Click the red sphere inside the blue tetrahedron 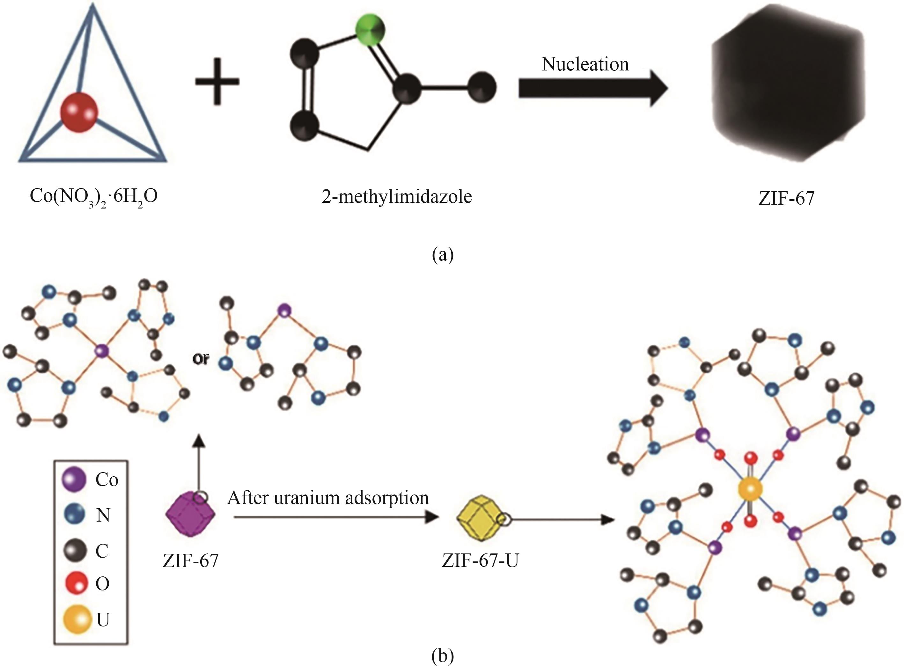pyautogui.click(x=79, y=113)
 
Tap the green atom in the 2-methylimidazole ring pyautogui.click(x=370, y=29)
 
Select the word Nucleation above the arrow pyautogui.click(x=585, y=64)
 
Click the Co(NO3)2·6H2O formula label pyautogui.click(x=93, y=198)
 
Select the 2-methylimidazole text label pyautogui.click(x=397, y=197)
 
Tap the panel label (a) pyautogui.click(x=442, y=255)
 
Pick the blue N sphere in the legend pyautogui.click(x=75, y=515)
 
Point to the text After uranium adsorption pyautogui.click(x=328, y=498)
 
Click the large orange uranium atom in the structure pyautogui.click(x=750, y=489)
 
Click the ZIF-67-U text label pyautogui.click(x=480, y=561)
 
